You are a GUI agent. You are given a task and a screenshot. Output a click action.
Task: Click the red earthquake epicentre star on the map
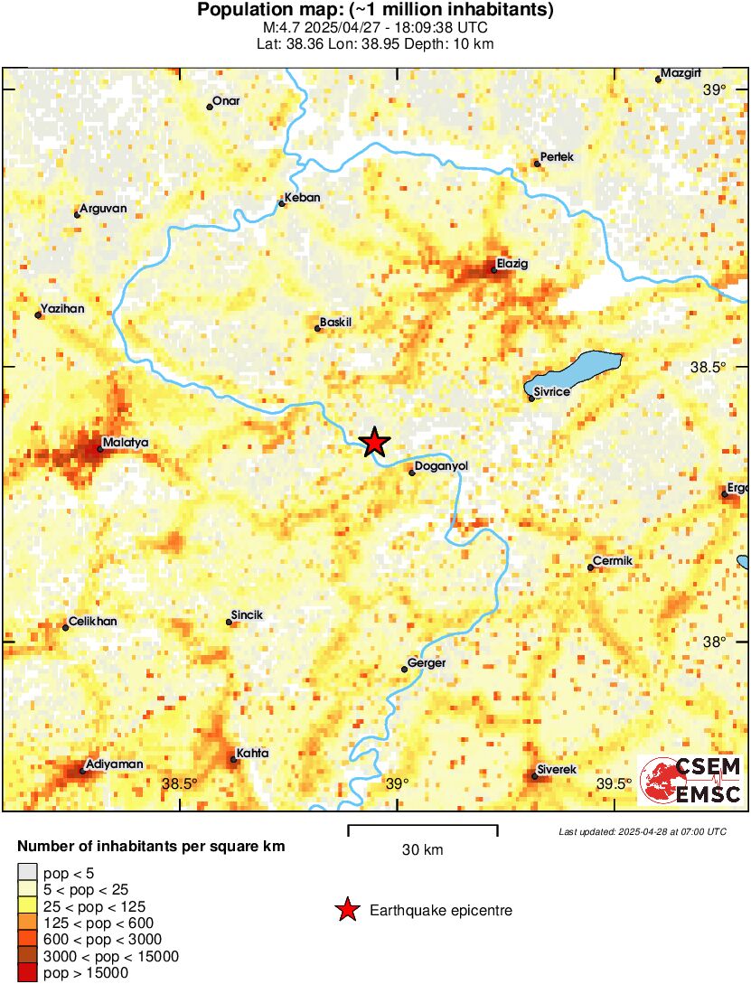click(x=373, y=442)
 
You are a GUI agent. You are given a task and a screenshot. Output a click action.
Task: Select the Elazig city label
click(x=511, y=265)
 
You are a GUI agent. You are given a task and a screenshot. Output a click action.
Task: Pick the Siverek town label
click(x=557, y=769)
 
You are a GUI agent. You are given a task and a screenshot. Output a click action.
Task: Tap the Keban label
click(x=302, y=198)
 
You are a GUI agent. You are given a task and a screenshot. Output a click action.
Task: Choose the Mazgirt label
click(x=681, y=72)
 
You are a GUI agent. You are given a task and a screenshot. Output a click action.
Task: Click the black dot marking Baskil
click(x=317, y=328)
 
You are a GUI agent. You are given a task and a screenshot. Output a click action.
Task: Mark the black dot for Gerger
click(x=404, y=670)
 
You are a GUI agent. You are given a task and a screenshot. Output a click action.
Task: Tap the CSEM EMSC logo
click(x=691, y=781)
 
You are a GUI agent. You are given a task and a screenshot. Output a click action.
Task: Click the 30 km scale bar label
click(x=422, y=850)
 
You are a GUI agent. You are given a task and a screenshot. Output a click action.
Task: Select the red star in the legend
click(x=346, y=910)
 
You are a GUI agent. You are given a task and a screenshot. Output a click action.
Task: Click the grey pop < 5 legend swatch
click(x=28, y=872)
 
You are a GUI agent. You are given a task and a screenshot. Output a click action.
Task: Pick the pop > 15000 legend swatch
click(x=28, y=973)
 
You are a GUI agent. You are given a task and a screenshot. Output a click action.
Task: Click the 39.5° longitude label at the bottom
click(x=615, y=783)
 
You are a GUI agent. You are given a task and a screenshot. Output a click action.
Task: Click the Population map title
click(x=375, y=11)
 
